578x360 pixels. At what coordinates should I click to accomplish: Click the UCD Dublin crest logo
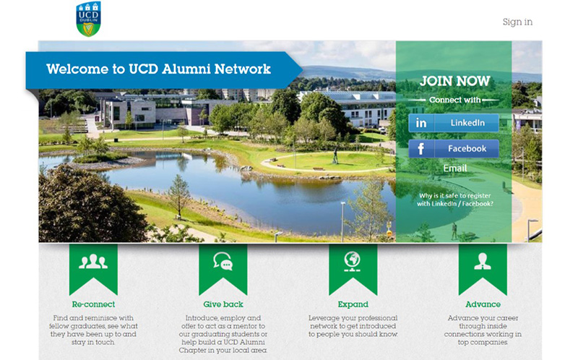(88, 20)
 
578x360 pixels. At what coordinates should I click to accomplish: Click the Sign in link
(517, 22)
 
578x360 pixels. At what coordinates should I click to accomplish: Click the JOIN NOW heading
(455, 81)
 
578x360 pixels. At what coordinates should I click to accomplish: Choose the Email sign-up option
(455, 168)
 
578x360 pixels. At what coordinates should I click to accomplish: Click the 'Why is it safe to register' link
(455, 200)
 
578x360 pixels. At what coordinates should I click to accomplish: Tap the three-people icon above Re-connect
(93, 262)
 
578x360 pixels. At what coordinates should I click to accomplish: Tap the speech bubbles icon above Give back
(223, 261)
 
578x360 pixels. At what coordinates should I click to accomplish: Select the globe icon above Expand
(353, 262)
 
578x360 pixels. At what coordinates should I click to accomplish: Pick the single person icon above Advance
(483, 262)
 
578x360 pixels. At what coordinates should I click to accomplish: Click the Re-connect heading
(93, 304)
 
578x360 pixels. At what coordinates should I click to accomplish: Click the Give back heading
(223, 304)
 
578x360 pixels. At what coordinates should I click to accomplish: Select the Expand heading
(353, 304)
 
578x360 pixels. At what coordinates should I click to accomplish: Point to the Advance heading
(483, 304)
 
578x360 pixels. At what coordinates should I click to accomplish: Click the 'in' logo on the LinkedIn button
(421, 123)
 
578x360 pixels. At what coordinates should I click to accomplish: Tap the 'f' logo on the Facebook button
(420, 149)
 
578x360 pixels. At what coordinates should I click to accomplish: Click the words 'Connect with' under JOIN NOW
(455, 100)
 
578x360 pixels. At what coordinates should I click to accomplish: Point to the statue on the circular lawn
(335, 155)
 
